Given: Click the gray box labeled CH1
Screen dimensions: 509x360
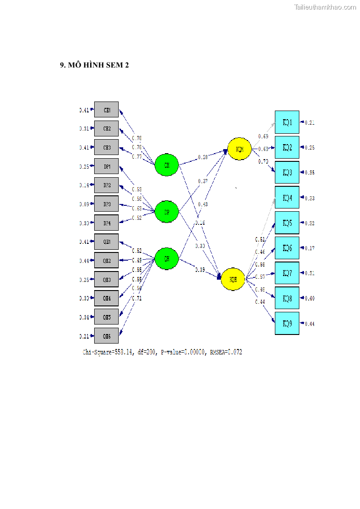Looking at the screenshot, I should click(x=106, y=110).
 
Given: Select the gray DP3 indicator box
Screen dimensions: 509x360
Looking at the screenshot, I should click(x=106, y=204).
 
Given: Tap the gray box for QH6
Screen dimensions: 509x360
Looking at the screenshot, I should click(x=106, y=336).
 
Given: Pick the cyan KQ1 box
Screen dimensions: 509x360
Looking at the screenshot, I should click(x=287, y=122).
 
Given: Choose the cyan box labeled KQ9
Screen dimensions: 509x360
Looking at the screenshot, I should click(x=287, y=323).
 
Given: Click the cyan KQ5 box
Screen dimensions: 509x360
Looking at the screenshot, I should click(x=287, y=223).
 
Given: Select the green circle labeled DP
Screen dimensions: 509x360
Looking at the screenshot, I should click(x=167, y=212).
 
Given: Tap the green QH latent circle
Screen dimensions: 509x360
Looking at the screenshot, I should click(x=167, y=258).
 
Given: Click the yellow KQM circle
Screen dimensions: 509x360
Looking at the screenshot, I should click(x=240, y=149).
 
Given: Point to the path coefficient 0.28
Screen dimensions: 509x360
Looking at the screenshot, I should click(x=203, y=157).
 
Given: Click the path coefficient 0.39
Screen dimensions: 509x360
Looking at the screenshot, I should click(x=200, y=270).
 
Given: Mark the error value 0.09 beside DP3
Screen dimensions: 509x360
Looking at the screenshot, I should click(x=84, y=204).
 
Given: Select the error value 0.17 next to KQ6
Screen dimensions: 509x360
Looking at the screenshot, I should click(x=309, y=248).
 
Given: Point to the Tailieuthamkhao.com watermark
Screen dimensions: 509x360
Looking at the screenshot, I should click(x=325, y=7).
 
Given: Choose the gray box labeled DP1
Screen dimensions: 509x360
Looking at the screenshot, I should click(x=106, y=166).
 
